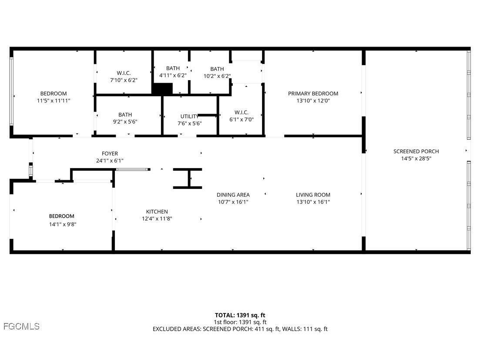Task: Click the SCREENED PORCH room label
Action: click(x=416, y=151)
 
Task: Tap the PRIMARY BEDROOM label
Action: click(x=313, y=94)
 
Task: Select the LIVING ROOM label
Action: click(x=313, y=195)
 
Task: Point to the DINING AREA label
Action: click(x=233, y=195)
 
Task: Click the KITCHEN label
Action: click(x=157, y=212)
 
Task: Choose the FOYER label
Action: click(x=110, y=154)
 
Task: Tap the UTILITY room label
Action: click(x=189, y=116)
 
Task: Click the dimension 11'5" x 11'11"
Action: click(x=54, y=101)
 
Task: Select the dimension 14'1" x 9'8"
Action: click(x=61, y=224)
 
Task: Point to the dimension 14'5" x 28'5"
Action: click(x=416, y=158)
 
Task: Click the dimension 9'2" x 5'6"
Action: click(x=125, y=122)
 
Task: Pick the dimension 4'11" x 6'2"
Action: click(x=173, y=75)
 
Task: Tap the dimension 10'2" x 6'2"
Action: click(x=217, y=76)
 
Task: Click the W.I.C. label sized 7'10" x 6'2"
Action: click(x=124, y=73)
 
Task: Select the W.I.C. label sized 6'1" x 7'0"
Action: click(x=241, y=112)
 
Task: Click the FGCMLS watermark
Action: click(x=21, y=326)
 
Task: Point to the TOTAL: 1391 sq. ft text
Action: click(x=240, y=315)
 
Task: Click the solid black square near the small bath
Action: click(x=162, y=89)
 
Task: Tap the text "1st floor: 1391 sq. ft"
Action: click(x=240, y=322)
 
